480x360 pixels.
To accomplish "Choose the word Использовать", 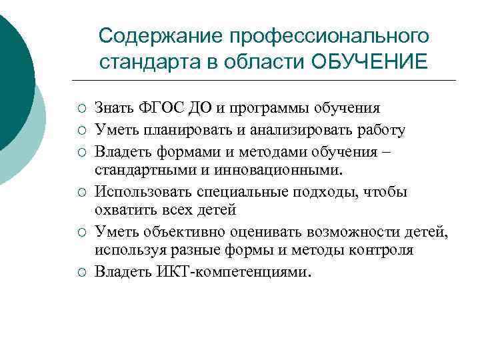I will coord(144,192).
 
